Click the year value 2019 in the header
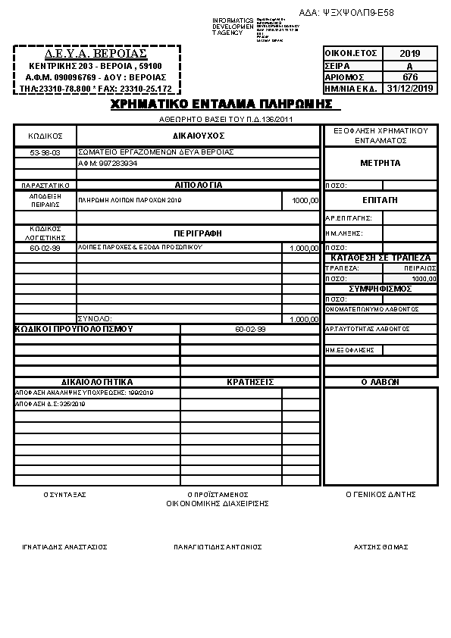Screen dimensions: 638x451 (x=410, y=54)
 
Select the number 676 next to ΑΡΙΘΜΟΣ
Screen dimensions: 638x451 (x=410, y=77)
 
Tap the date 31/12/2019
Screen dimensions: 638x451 (x=410, y=89)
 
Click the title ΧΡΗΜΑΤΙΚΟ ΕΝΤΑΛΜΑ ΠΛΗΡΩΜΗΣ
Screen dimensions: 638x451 (x=221, y=105)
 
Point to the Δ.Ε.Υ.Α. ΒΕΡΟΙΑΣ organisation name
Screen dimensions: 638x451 (x=96, y=55)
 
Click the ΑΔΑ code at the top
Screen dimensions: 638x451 (x=346, y=13)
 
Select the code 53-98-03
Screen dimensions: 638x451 (x=45, y=152)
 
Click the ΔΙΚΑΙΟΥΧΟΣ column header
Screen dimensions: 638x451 (x=199, y=136)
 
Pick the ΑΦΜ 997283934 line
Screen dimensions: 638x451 (x=108, y=163)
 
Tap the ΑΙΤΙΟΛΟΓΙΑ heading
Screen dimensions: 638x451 (x=199, y=185)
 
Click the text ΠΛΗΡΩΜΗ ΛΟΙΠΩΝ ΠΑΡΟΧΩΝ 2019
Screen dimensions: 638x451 (x=130, y=200)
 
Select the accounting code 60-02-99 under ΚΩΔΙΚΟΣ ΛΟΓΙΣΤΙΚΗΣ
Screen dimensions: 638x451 (x=45, y=248)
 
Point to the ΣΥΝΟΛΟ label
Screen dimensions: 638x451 (x=95, y=319)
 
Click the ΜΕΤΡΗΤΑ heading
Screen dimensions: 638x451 (x=381, y=163)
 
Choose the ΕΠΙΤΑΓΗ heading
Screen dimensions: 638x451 (x=381, y=200)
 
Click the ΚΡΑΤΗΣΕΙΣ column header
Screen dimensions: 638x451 (x=250, y=382)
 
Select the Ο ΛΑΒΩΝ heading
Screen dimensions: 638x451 (x=381, y=382)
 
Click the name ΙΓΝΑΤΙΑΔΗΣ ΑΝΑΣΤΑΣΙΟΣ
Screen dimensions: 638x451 (x=64, y=546)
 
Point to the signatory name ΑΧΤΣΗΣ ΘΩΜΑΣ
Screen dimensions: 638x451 (x=381, y=546)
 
